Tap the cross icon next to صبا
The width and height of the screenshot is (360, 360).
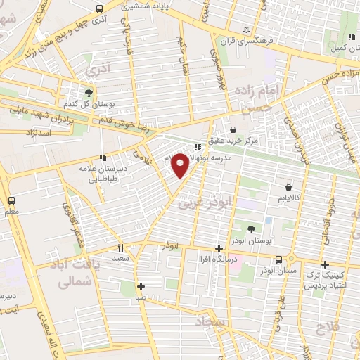click(x=141, y=286)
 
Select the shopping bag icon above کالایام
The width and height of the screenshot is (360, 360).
click(x=289, y=187)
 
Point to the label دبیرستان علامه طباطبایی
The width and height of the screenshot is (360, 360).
click(x=103, y=173)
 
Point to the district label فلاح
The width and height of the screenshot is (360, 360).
click(x=329, y=328)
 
